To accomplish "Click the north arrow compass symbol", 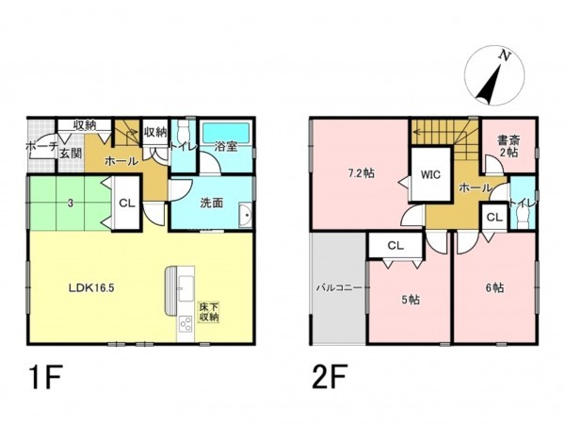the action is pos(494,75).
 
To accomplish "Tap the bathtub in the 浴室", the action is pos(226,132).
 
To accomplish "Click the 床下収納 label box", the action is pos(209,312).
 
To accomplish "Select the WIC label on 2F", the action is pos(430,175).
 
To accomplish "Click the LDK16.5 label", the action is pos(91,287).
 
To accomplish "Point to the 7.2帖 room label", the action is pos(361,173).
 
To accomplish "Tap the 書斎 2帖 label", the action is pos(508,146).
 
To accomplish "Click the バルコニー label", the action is pos(339,287).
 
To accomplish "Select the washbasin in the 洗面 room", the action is pos(247,216).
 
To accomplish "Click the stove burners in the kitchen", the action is pos(186,323).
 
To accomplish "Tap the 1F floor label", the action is pos(46,376).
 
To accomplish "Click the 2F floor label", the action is pos(330,376).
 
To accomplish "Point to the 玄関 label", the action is pos(71,154).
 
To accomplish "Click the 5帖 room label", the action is pos(411,300).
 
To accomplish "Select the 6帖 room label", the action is pos(494,287).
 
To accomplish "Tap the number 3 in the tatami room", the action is pos(71,203).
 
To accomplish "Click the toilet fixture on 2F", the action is pos(522,218).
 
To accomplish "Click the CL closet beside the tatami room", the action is pos(127,203).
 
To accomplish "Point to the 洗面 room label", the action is pos(212,203).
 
